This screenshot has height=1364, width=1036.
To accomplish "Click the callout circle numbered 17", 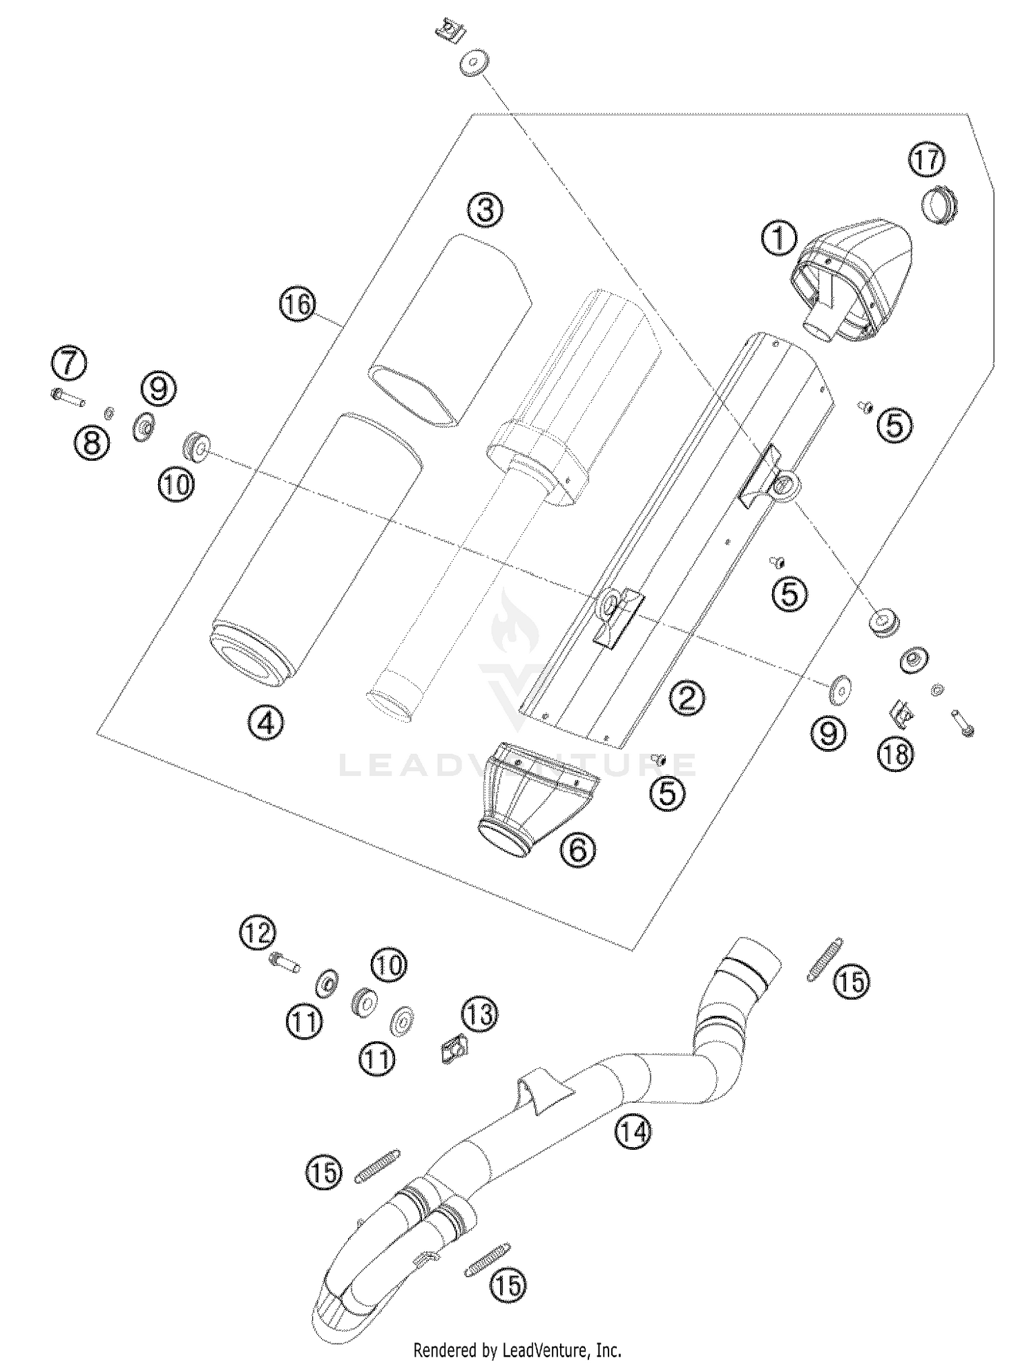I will click(926, 160).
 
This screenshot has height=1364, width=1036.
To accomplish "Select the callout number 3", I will click(486, 209).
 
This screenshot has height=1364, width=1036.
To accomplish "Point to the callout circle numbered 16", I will click(298, 304).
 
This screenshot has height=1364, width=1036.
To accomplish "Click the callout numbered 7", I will click(68, 363).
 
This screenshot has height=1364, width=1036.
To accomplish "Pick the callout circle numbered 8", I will click(92, 442).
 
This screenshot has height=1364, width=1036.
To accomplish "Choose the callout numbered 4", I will click(266, 723).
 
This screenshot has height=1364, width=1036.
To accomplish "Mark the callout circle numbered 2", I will click(687, 698).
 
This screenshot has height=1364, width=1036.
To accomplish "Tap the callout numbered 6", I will click(577, 850).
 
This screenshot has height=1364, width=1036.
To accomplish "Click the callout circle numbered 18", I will click(895, 754).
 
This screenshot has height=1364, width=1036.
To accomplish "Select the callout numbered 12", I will click(258, 934).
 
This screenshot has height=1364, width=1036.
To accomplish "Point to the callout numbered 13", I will click(480, 1014).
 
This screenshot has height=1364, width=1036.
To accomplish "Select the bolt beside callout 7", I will click(68, 397).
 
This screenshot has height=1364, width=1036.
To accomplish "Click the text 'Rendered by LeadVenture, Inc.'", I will click(517, 1349).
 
